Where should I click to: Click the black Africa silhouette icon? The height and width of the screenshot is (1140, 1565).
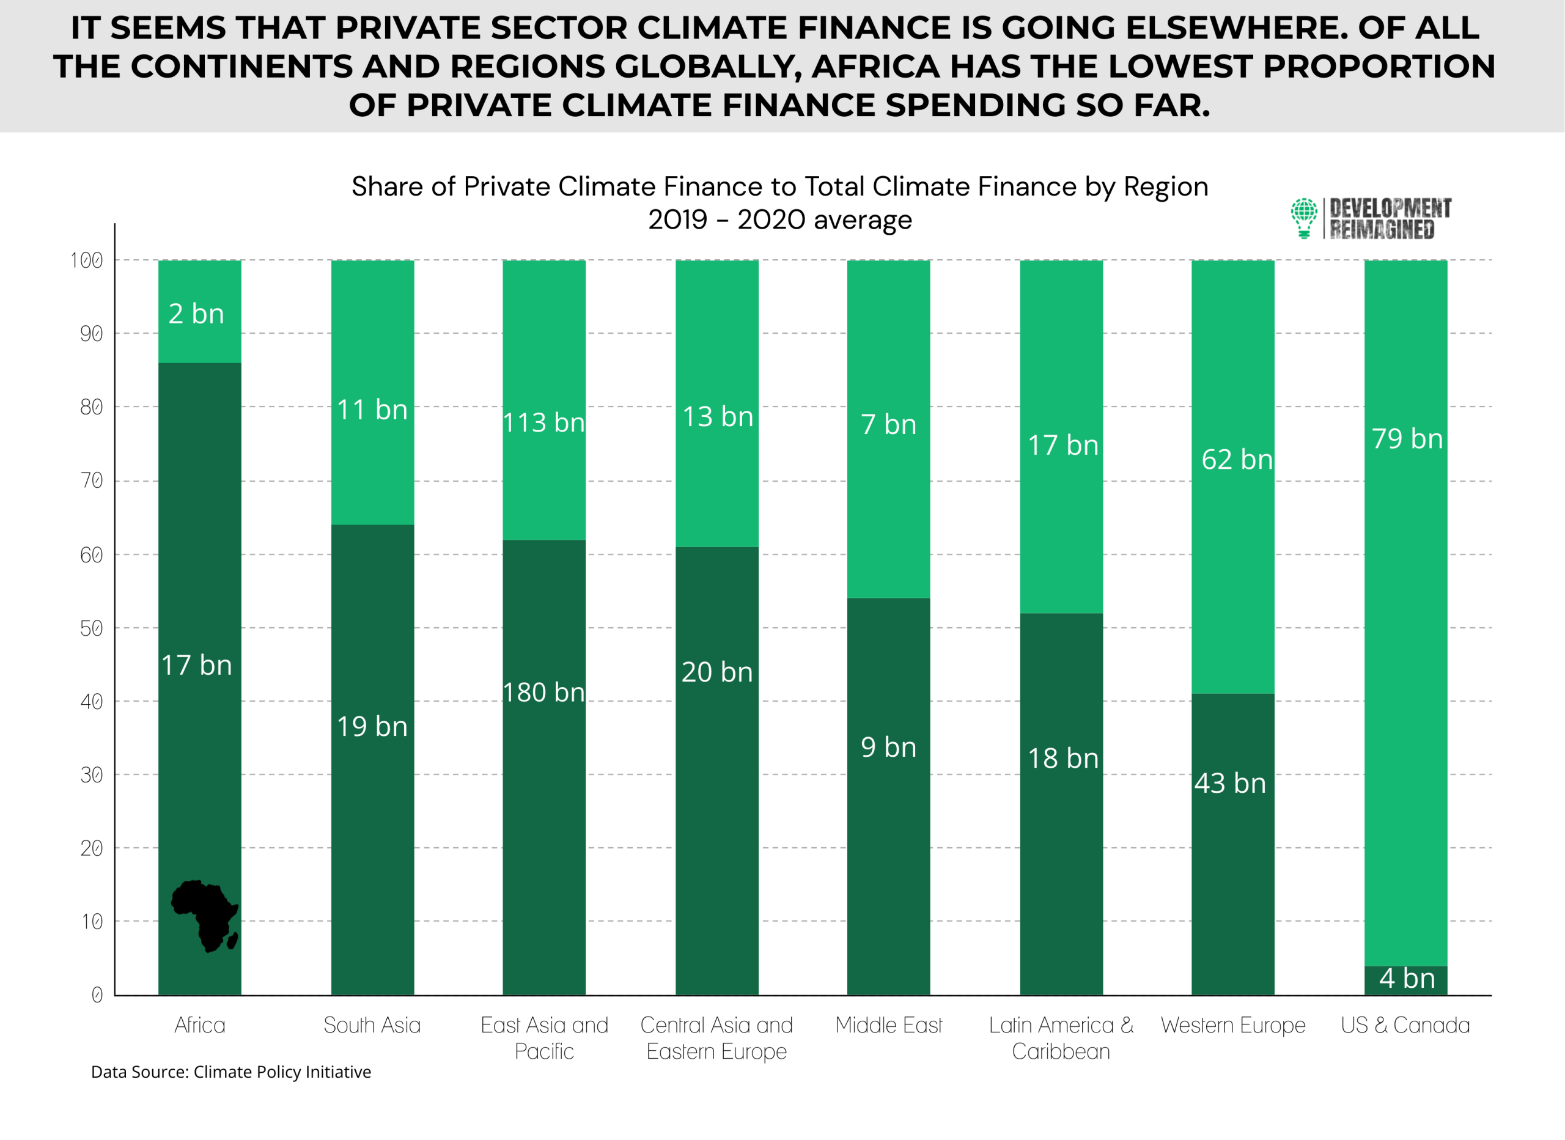point(205,916)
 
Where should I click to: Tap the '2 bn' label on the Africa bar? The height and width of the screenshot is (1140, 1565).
point(197,314)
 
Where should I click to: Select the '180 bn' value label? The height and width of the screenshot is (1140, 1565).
point(543,692)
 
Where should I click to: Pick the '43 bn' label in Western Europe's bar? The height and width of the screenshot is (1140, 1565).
point(1231,783)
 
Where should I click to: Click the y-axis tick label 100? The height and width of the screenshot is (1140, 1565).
point(87,260)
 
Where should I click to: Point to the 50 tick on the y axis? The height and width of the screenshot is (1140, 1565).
point(92,628)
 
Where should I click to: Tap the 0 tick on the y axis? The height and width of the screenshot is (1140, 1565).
point(97,995)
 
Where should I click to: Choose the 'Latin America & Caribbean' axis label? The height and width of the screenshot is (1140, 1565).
point(1061,1038)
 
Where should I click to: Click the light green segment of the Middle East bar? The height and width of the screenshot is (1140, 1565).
point(889,429)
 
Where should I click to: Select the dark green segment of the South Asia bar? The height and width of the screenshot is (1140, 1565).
point(373,760)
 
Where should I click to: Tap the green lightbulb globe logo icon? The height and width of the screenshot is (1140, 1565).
point(1304,218)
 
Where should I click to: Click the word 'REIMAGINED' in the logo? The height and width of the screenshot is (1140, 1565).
point(1382,230)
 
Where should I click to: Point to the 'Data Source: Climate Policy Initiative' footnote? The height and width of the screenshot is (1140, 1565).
point(231,1072)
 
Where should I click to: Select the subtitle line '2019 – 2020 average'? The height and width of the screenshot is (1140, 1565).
point(779,220)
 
